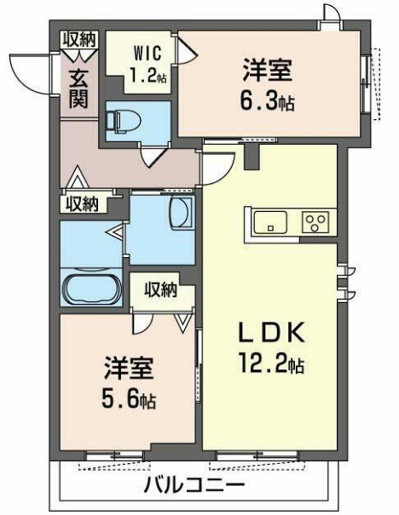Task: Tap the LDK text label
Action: [x=268, y=332]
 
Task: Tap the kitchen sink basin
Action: [x=272, y=224]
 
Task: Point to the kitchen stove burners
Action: [x=315, y=224]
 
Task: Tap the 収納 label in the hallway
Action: [x=79, y=203]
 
